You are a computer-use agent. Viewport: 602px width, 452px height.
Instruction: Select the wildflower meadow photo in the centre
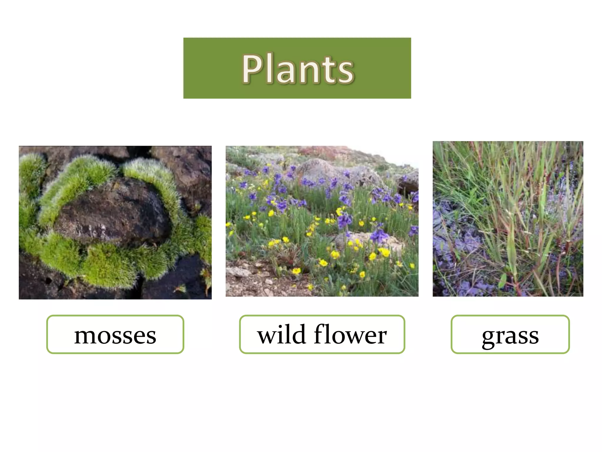point(322,221)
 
